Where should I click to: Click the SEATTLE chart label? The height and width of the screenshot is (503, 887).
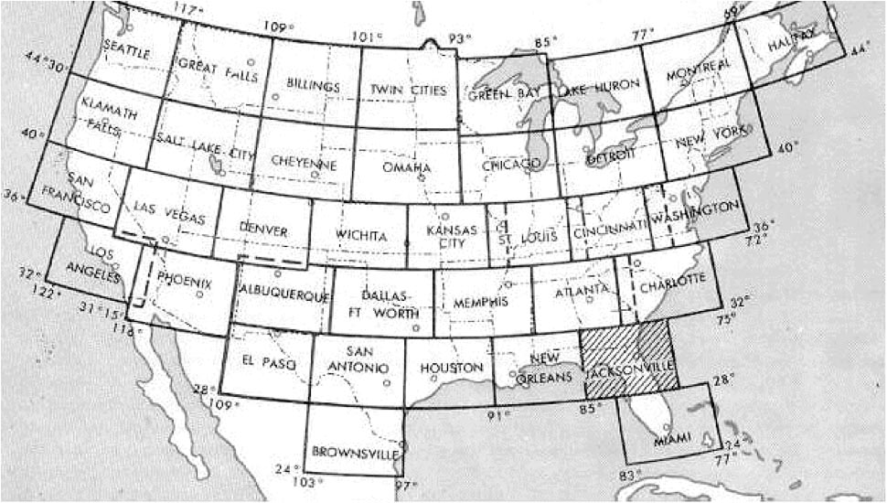pos(127,50)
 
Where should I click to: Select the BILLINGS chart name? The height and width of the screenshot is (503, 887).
pos(313,86)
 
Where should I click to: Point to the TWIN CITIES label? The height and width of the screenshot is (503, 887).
pos(408,90)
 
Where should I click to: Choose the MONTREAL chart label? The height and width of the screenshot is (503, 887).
pos(699,70)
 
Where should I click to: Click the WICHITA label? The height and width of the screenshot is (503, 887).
pos(361,236)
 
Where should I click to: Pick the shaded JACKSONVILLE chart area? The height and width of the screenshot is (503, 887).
pos(631,366)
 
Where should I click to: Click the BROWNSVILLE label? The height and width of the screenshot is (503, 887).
pos(350,451)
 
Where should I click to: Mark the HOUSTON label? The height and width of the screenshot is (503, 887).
pos(450,368)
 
